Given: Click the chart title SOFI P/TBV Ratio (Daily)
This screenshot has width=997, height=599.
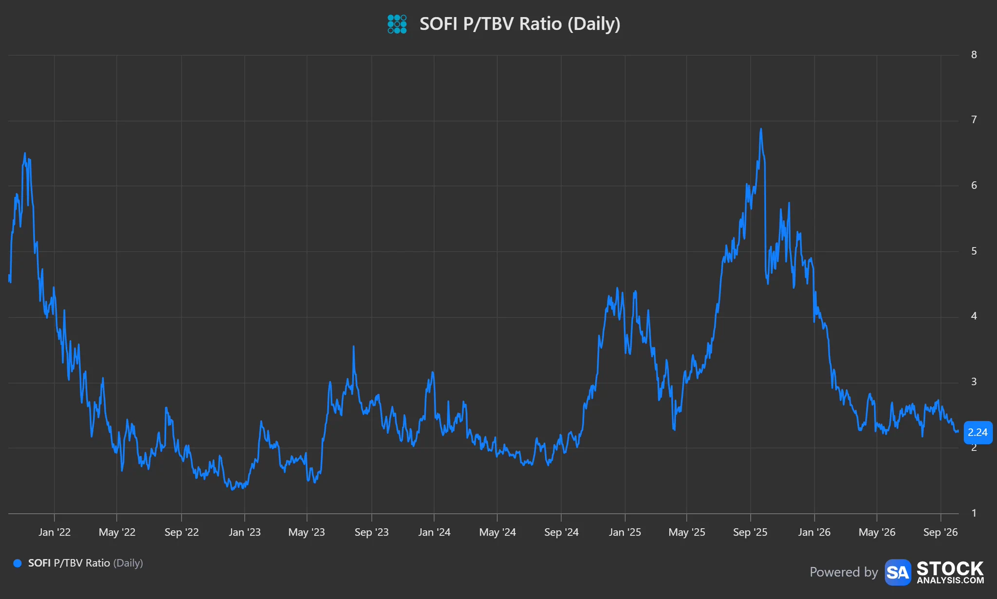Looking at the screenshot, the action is tap(520, 24).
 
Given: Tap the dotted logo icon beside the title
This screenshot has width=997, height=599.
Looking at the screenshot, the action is tap(397, 24).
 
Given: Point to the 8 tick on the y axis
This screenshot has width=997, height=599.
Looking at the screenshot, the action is tap(974, 55).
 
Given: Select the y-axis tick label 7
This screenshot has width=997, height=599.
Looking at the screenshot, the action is tap(974, 120).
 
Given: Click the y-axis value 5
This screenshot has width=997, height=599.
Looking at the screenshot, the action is tap(974, 251).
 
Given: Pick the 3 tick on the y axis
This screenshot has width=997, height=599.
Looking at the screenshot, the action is tap(974, 382).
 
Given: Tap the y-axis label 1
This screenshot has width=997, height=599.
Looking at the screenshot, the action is tap(974, 513).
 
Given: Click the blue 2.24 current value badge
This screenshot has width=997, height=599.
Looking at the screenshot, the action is tap(978, 432).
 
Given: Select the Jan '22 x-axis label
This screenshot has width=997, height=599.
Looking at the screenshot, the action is tap(55, 532).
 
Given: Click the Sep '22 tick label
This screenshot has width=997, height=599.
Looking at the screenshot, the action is tap(182, 532).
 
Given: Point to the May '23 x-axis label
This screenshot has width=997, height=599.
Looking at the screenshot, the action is tap(307, 532).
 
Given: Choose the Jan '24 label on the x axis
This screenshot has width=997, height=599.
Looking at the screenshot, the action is tap(434, 532).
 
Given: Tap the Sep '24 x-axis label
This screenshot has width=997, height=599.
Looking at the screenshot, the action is tap(561, 532).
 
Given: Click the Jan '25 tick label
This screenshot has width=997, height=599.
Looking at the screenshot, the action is tap(625, 532).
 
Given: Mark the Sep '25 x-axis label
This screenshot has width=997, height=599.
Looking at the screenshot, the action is tap(750, 532).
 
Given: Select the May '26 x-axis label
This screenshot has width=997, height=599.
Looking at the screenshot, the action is tap(877, 532).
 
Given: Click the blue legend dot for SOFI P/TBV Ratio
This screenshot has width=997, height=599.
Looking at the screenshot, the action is tap(18, 563).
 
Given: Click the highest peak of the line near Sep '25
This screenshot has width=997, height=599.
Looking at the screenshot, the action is tap(761, 129).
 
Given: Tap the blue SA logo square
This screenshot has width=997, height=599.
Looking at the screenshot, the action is tap(898, 572).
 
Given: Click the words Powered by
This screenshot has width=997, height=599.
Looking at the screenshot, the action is tap(844, 572).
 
